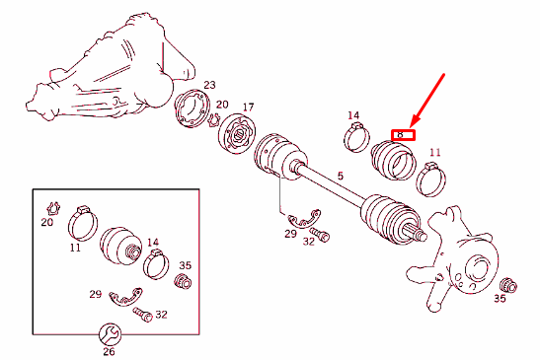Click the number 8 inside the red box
click(400, 133)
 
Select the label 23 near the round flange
click(209, 86)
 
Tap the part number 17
click(248, 107)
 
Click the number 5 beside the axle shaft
click(342, 178)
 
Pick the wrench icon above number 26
click(110, 332)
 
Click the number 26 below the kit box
click(109, 351)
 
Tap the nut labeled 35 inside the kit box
click(182, 285)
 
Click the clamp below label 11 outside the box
click(430, 179)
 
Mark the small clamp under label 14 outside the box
click(358, 139)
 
